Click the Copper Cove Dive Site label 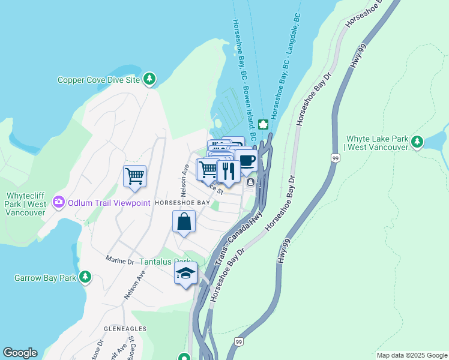[98, 80]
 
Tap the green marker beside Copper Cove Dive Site [149, 79]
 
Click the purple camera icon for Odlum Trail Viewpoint [58, 203]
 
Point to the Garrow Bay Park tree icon [86, 277]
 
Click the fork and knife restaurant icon [228, 171]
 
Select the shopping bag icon [184, 221]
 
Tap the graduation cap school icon [186, 274]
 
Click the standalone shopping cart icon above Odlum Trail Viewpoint [134, 176]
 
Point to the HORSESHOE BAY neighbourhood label [182, 203]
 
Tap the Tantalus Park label [164, 262]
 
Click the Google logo [20, 353]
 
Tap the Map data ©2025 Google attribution [411, 355]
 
